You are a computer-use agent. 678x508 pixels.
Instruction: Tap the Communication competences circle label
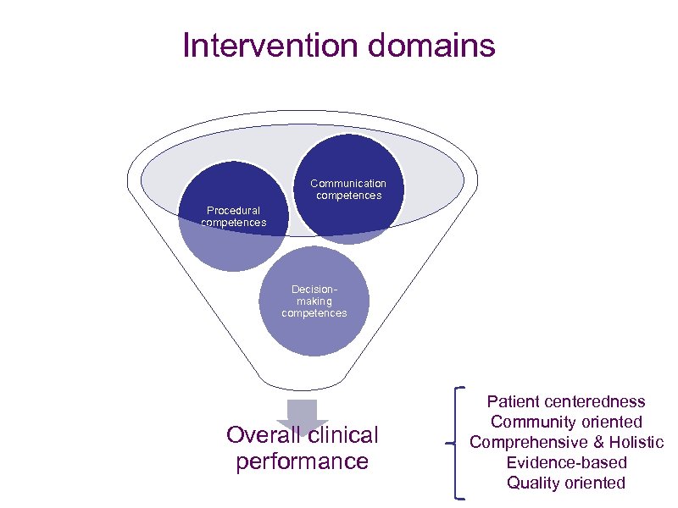[x=348, y=190]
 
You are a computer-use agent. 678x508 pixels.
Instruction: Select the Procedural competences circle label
[x=234, y=217]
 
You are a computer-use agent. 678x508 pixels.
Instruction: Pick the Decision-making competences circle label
[x=314, y=301]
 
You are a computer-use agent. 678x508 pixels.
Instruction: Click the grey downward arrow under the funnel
[x=302, y=414]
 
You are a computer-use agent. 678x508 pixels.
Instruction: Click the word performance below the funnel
[x=302, y=461]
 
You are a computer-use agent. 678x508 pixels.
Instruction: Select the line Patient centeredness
[x=566, y=401]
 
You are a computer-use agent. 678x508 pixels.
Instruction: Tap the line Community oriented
[x=566, y=422]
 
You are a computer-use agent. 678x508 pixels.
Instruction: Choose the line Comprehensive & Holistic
[x=566, y=442]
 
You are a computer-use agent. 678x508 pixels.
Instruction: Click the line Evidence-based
[x=566, y=462]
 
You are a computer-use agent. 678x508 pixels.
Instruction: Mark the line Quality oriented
[x=566, y=483]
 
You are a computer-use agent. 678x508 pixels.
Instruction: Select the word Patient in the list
[x=514, y=401]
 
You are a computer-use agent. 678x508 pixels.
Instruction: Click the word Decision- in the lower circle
[x=314, y=290]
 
